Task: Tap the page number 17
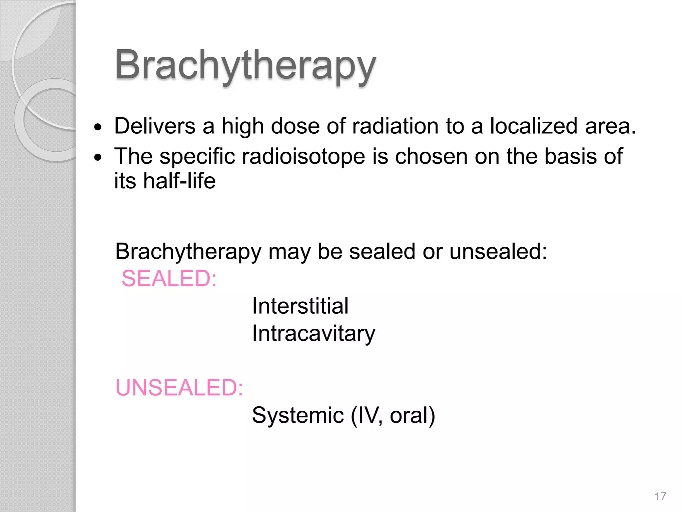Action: coord(660,497)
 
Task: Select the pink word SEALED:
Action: coord(169,278)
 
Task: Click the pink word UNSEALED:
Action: coord(179,388)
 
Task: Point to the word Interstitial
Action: coord(300,306)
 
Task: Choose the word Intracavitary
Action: coord(313,333)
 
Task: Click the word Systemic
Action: coord(298,415)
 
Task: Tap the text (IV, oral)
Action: coord(393,415)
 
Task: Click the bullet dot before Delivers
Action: coord(98,127)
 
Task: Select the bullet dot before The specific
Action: coord(98,157)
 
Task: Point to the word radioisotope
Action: coord(303,156)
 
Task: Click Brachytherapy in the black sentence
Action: coord(188,252)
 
